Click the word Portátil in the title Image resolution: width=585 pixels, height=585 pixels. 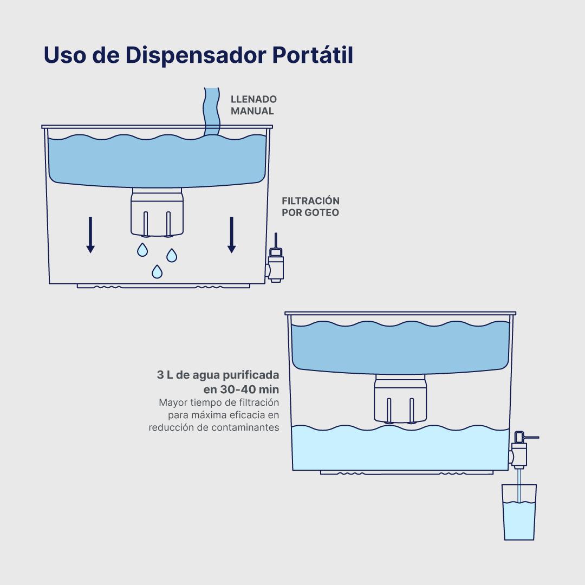[x=313, y=55]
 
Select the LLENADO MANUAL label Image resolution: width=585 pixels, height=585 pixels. [x=253, y=105]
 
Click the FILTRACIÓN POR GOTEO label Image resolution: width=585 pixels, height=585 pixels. [x=310, y=207]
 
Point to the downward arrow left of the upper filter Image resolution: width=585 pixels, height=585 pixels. [x=90, y=235]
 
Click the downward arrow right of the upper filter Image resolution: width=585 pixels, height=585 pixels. [x=232, y=235]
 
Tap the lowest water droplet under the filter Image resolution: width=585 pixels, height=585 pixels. [x=157, y=272]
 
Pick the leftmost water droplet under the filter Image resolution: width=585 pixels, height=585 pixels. [x=142, y=250]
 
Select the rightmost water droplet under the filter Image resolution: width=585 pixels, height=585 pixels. [x=172, y=256]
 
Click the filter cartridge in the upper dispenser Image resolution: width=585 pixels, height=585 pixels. [x=157, y=212]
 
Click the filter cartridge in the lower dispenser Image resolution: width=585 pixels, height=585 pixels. [x=400, y=399]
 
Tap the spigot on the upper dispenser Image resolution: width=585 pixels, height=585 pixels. [x=275, y=261]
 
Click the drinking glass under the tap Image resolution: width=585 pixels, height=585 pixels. [x=519, y=512]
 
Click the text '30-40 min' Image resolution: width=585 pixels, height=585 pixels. [x=250, y=389]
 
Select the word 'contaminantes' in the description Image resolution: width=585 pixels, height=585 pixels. [x=245, y=427]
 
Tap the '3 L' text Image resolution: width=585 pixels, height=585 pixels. [x=165, y=375]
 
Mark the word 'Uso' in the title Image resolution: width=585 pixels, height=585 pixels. [x=65, y=55]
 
